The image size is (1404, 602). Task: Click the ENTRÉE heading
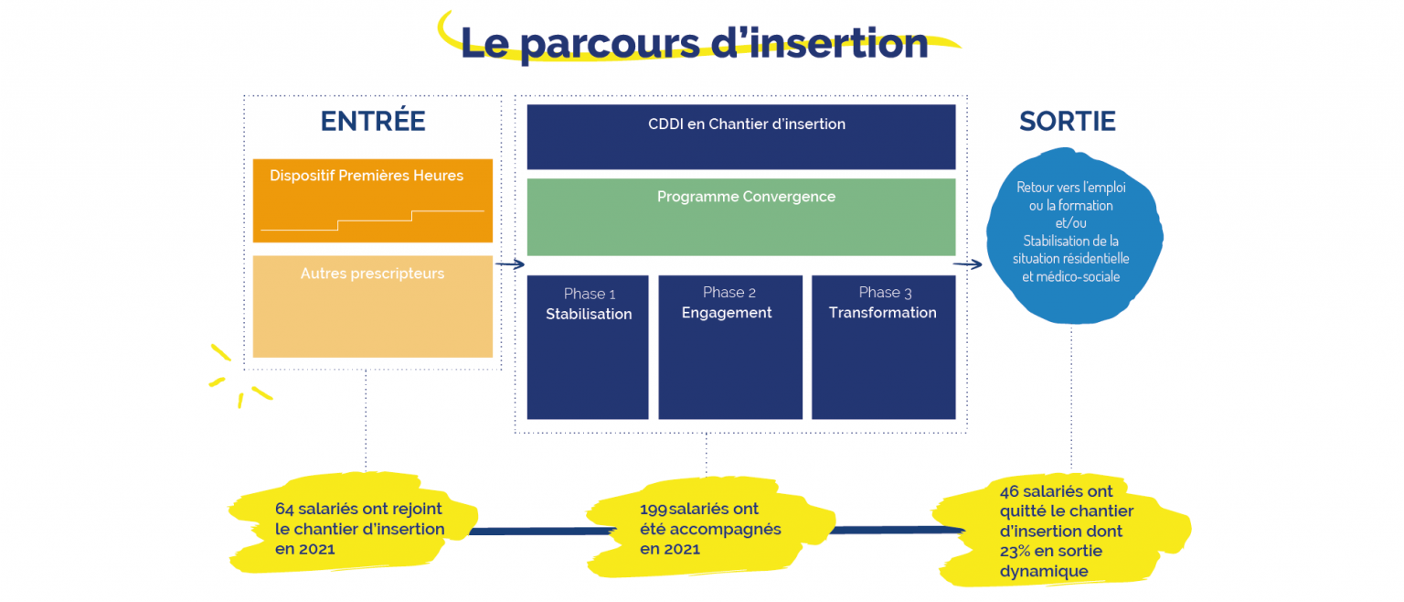pyautogui.click(x=373, y=121)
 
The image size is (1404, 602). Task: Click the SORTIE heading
pyautogui.click(x=1068, y=122)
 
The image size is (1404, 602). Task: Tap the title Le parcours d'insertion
pyautogui.click(x=694, y=44)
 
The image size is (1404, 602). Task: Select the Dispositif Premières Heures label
pyautogui.click(x=367, y=176)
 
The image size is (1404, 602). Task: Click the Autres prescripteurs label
pyautogui.click(x=372, y=274)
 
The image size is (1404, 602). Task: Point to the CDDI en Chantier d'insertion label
pyautogui.click(x=747, y=124)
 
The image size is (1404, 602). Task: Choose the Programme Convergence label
pyautogui.click(x=746, y=197)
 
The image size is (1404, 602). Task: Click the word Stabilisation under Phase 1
pyautogui.click(x=589, y=314)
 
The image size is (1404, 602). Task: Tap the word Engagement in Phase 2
pyautogui.click(x=727, y=313)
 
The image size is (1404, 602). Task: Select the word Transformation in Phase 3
pyautogui.click(x=882, y=312)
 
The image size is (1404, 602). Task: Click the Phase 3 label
pyautogui.click(x=885, y=292)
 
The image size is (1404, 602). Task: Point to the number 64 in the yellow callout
pyautogui.click(x=284, y=509)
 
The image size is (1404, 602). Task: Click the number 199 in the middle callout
pyautogui.click(x=654, y=510)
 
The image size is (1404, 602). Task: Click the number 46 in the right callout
pyautogui.click(x=1009, y=491)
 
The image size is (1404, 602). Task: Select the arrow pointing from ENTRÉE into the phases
pyautogui.click(x=509, y=264)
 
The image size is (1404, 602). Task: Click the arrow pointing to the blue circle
pyautogui.click(x=968, y=264)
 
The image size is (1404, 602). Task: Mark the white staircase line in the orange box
pyautogui.click(x=372, y=220)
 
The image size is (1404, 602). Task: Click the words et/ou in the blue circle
pyautogui.click(x=1070, y=223)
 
